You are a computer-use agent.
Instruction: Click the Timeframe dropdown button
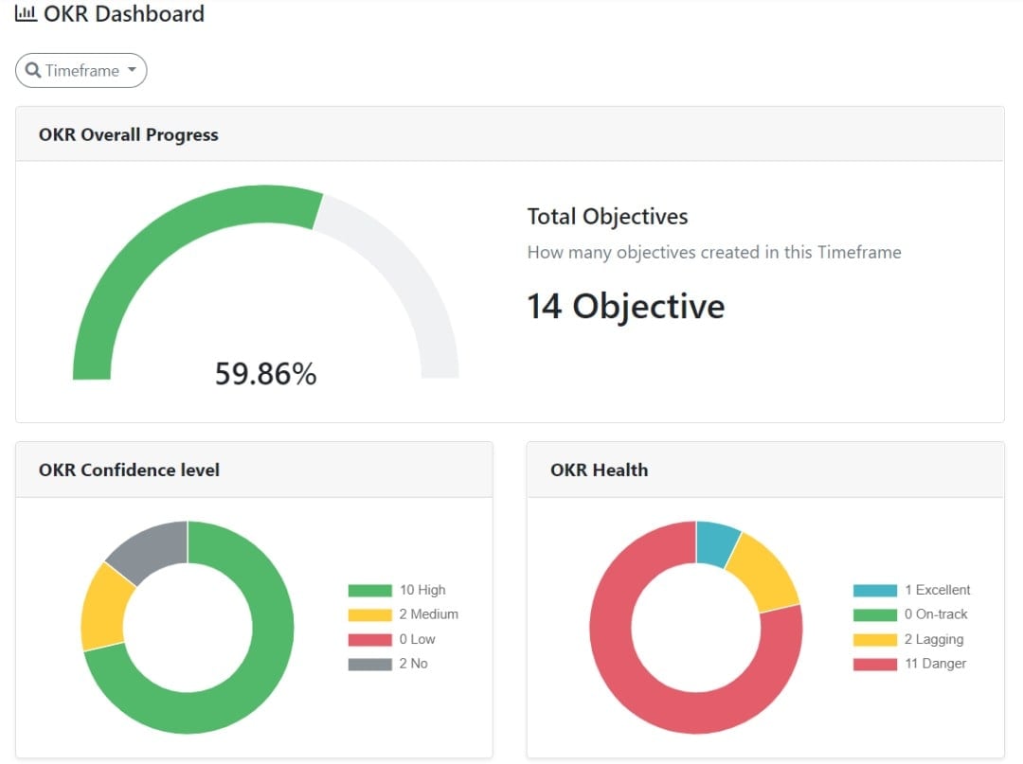[81, 71]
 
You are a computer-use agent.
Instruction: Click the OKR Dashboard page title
[123, 14]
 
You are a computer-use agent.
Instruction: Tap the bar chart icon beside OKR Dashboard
[27, 14]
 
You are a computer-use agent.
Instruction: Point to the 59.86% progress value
[265, 374]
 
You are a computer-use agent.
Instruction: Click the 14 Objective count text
[625, 307]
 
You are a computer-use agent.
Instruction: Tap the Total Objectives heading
[607, 217]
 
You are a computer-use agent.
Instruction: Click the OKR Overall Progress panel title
[129, 134]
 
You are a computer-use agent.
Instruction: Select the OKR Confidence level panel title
[129, 470]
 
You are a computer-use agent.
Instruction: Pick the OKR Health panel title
[599, 470]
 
